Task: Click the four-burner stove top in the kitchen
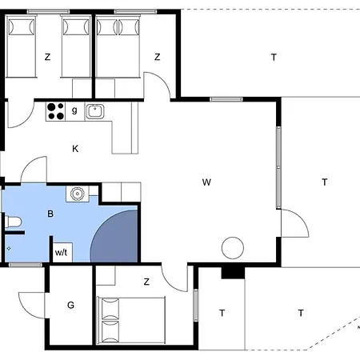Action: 55,111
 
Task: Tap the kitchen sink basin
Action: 94,111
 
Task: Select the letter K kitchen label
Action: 75,149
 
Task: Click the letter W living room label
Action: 206,182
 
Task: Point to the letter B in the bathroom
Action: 50,214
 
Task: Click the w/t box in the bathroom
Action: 62,252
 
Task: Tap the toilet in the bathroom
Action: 13,222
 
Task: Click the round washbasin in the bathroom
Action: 78,194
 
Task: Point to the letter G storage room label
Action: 70,305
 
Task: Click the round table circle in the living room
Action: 233,248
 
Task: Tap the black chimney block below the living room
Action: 233,273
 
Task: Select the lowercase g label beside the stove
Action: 74,110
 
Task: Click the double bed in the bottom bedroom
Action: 131,320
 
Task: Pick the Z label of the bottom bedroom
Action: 146,282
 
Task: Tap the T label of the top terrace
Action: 274,57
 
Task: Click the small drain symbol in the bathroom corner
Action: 9,249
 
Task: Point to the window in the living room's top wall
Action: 226,99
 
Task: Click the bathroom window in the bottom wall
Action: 26,265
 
